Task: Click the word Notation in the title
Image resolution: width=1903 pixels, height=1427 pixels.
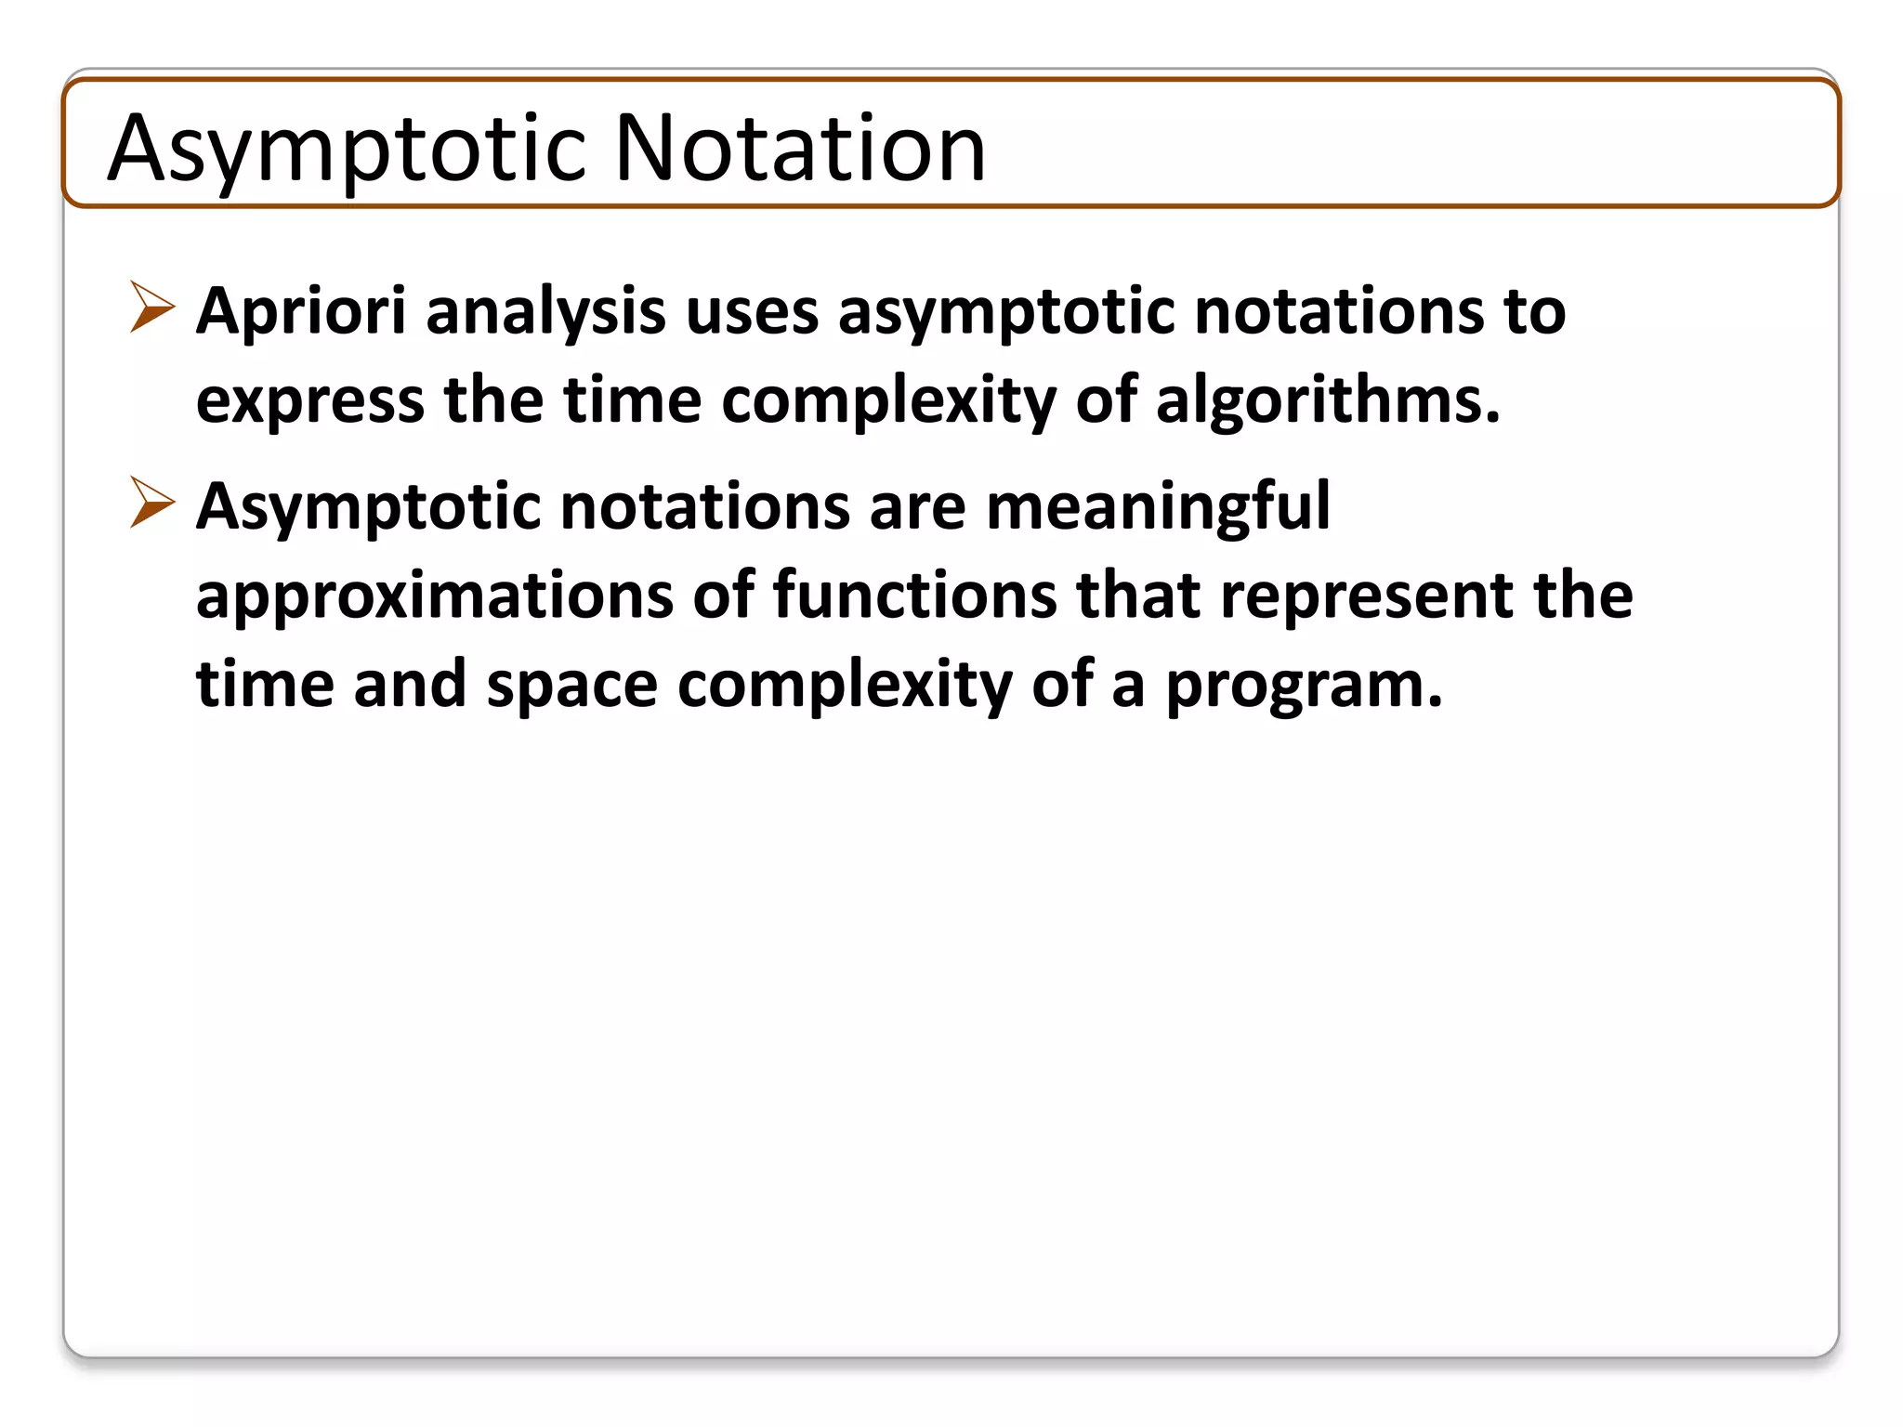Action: [800, 149]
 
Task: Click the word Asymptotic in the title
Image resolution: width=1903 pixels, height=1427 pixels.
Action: [347, 149]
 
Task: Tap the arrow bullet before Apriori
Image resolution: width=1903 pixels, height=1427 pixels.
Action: [152, 307]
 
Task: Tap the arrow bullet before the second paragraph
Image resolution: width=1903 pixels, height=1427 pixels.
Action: [152, 502]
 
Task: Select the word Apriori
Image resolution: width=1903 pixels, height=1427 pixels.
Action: [301, 312]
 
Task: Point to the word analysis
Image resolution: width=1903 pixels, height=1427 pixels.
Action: [545, 312]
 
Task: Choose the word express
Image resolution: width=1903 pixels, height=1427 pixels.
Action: [310, 401]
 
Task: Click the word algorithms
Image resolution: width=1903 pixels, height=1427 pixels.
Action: [1327, 401]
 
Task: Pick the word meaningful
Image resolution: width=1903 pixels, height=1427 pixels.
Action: [1158, 507]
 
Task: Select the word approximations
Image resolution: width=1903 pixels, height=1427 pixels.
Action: [435, 596]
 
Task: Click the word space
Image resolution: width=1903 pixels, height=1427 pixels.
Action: [571, 686]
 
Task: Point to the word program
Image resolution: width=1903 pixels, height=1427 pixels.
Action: [1303, 686]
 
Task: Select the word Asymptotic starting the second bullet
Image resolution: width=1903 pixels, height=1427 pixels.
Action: [368, 507]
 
